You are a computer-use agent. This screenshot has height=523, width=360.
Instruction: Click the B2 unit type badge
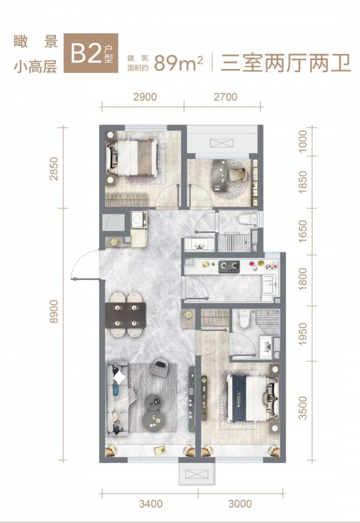(x=91, y=53)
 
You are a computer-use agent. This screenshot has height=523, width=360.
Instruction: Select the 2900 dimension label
(x=145, y=97)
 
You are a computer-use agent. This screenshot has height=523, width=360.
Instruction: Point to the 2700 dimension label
(x=226, y=97)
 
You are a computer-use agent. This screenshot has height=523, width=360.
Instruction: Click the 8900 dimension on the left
(x=53, y=312)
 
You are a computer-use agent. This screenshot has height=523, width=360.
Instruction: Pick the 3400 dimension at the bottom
(x=151, y=504)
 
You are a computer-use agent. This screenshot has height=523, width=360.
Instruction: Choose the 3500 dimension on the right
(x=302, y=408)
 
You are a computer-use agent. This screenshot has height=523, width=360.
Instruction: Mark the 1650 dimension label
(x=302, y=231)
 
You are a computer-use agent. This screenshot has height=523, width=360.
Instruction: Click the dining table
(x=125, y=315)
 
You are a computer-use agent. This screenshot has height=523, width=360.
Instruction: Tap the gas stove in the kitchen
(x=230, y=266)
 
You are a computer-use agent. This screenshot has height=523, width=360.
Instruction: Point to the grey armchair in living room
(x=160, y=367)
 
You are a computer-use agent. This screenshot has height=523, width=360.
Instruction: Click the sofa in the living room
(x=118, y=399)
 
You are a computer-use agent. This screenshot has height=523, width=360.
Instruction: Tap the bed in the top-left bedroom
(x=132, y=157)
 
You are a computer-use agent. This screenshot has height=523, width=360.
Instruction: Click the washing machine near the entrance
(x=139, y=220)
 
